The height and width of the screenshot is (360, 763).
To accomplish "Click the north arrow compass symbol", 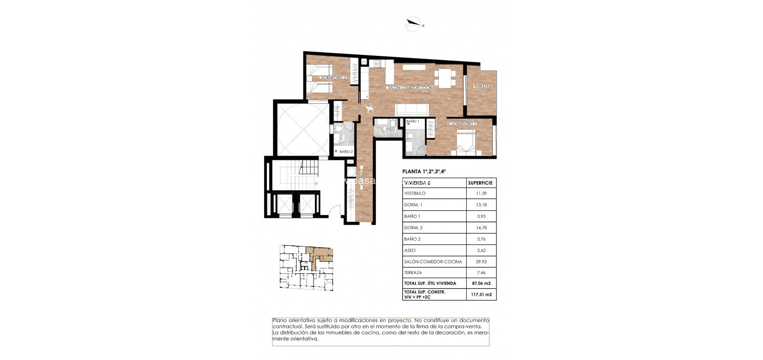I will [413, 24].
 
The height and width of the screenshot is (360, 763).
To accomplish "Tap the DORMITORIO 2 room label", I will [334, 78].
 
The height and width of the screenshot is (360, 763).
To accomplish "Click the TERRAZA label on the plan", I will [481, 87].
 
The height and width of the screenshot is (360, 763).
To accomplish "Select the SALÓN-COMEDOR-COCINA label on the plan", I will [411, 88].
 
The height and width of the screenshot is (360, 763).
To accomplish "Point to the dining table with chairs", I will [445, 78].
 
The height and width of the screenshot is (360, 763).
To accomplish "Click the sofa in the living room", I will [412, 110].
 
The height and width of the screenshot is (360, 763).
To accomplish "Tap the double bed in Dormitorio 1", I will [466, 142].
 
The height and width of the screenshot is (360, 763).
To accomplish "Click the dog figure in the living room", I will [370, 109].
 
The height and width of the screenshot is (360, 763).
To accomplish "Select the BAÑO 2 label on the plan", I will [346, 152].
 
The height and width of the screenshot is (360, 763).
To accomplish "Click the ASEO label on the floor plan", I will [390, 129].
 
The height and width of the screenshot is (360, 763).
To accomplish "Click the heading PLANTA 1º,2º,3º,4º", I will [424, 171].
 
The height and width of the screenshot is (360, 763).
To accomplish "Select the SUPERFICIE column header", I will [480, 183].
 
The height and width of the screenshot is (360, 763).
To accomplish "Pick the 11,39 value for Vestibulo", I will [481, 193].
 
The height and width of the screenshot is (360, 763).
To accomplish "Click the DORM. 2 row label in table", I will [414, 228].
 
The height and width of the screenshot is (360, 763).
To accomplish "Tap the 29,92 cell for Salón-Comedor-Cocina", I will [481, 262].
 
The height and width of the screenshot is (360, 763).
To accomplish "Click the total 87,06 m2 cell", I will [481, 283].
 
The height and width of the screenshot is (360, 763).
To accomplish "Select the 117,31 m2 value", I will [481, 294].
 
